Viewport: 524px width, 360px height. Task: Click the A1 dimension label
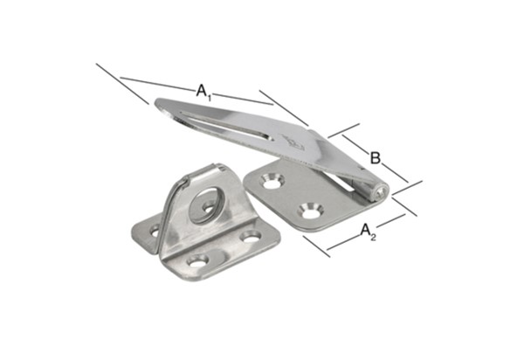[x=203, y=92]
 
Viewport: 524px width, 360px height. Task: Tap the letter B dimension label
[x=376, y=158]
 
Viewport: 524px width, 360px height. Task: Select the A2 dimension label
[x=369, y=232]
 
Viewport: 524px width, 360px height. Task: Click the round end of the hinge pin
[x=382, y=193]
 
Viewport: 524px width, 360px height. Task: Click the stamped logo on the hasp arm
[x=293, y=143]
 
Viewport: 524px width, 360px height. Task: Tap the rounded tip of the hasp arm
[x=161, y=105]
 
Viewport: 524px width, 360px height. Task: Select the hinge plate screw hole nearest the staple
[x=272, y=181]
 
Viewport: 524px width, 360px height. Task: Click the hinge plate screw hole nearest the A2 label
[x=311, y=211]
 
